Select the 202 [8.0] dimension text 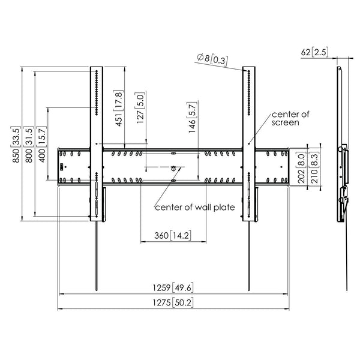(302, 166)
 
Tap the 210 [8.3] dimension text (314, 166)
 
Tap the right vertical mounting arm (248, 144)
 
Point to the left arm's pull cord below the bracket (95, 258)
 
